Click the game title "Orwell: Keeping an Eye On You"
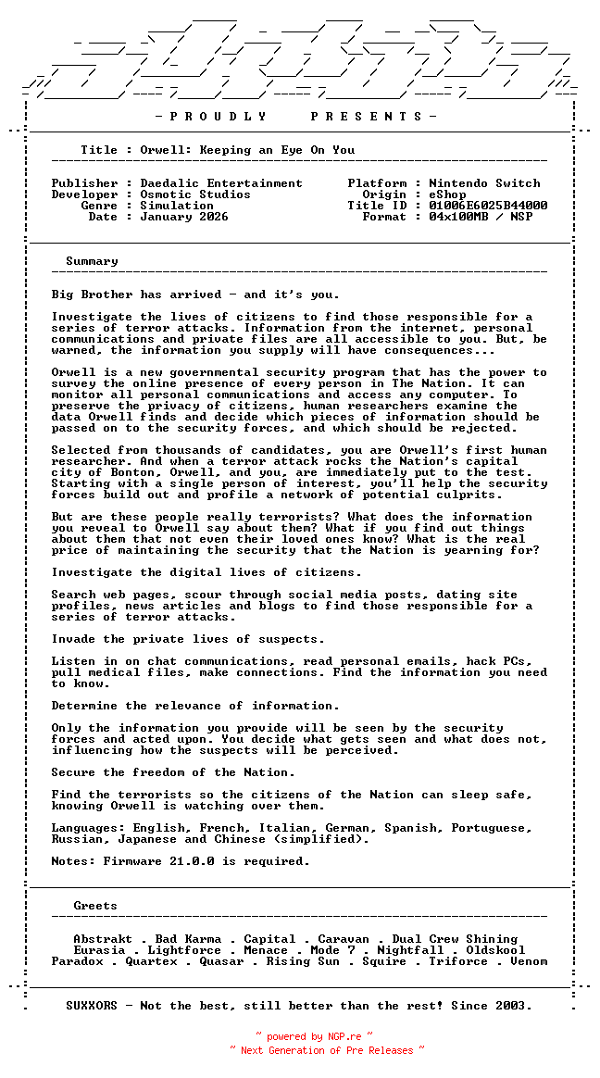[x=247, y=150]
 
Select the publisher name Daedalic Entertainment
[x=221, y=183]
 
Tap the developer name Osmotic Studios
[x=195, y=194]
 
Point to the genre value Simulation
[x=177, y=206]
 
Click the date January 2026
[x=184, y=217]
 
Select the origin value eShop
[x=448, y=194]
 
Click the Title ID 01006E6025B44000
[x=488, y=206]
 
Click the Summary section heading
[x=92, y=261]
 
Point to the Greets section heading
[x=95, y=906]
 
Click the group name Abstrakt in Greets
[x=103, y=939]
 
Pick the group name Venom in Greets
[x=529, y=961]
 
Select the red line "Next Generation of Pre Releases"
[x=327, y=1050]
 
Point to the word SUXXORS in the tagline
[x=92, y=1006]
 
